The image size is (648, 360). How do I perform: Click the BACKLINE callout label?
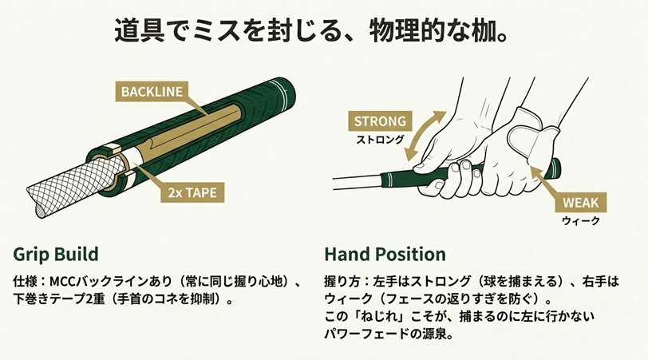(152, 91)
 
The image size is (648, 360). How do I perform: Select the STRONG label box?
(380, 122)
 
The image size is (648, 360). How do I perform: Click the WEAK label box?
(580, 202)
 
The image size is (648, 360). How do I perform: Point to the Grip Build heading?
(55, 254)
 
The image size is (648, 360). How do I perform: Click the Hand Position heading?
(385, 254)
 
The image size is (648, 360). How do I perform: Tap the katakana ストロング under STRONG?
(380, 139)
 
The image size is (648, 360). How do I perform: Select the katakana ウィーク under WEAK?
(580, 220)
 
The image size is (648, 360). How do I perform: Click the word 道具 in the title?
(132, 34)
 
